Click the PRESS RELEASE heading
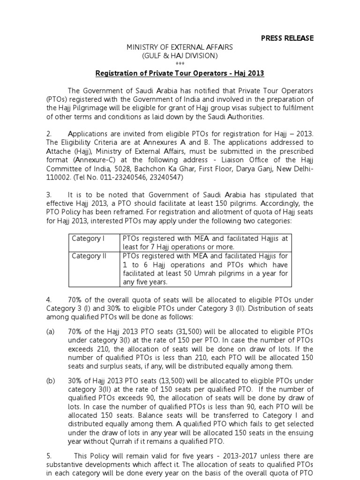[x=287, y=37]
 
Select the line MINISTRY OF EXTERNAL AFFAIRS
[x=180, y=47]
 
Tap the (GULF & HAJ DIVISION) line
[x=180, y=56]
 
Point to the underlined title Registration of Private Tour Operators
[x=180, y=73]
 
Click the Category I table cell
[x=88, y=239]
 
